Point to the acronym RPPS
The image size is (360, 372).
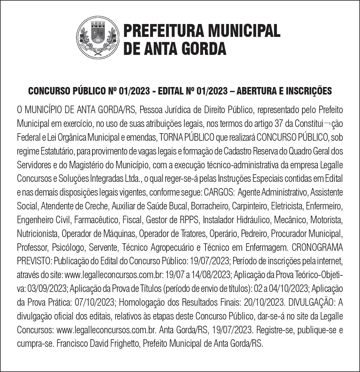(x=189, y=220)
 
